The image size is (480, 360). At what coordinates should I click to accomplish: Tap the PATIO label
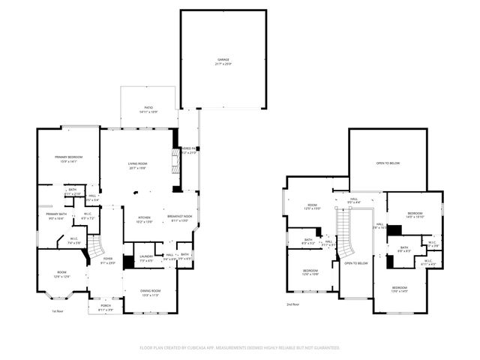tap(148, 108)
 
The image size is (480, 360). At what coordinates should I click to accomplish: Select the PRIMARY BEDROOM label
tap(67, 157)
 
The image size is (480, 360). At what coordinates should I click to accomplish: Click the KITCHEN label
tap(144, 218)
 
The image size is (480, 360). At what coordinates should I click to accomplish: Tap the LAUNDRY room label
tap(146, 256)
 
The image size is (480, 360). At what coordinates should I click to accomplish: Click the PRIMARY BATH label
tap(57, 214)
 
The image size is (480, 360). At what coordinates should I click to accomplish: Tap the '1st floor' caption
tap(58, 311)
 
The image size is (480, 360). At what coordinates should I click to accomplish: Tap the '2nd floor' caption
tap(292, 304)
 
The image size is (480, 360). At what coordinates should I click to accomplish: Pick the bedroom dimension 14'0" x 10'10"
tap(415, 217)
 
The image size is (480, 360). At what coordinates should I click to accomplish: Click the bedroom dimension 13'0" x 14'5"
tap(399, 291)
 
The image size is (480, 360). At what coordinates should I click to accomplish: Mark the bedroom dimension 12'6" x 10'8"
tap(310, 274)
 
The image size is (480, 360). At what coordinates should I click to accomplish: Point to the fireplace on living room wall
tap(176, 160)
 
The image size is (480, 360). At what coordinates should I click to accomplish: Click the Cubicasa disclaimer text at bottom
tap(240, 348)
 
